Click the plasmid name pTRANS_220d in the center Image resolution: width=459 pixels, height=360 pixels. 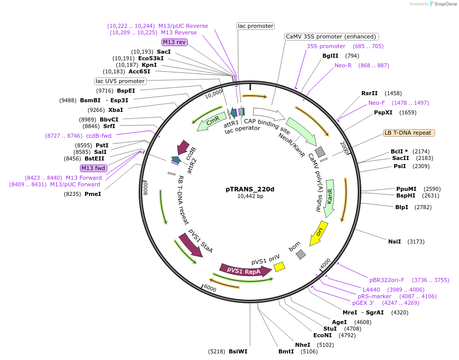point(249,189)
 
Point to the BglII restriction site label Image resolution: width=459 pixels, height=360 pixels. point(330,56)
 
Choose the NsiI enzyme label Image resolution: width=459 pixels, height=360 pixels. point(394,242)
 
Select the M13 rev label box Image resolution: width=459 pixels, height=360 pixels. point(175,42)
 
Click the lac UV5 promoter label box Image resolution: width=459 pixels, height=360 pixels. point(120,81)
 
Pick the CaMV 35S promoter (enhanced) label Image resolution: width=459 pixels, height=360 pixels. point(331,36)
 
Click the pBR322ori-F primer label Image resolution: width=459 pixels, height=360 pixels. point(387,279)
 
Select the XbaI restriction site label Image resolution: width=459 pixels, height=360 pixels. point(115,109)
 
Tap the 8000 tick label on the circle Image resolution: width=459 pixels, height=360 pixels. point(145,187)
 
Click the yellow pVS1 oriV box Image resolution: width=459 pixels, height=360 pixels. point(279,266)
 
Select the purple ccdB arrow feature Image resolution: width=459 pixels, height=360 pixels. point(183,148)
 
